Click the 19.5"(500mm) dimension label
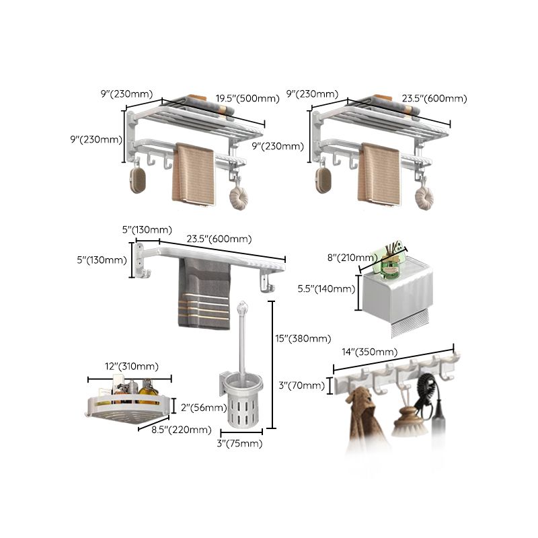247,98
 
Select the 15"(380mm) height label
303,338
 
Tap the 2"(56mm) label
199,407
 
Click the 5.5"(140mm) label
326,289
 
